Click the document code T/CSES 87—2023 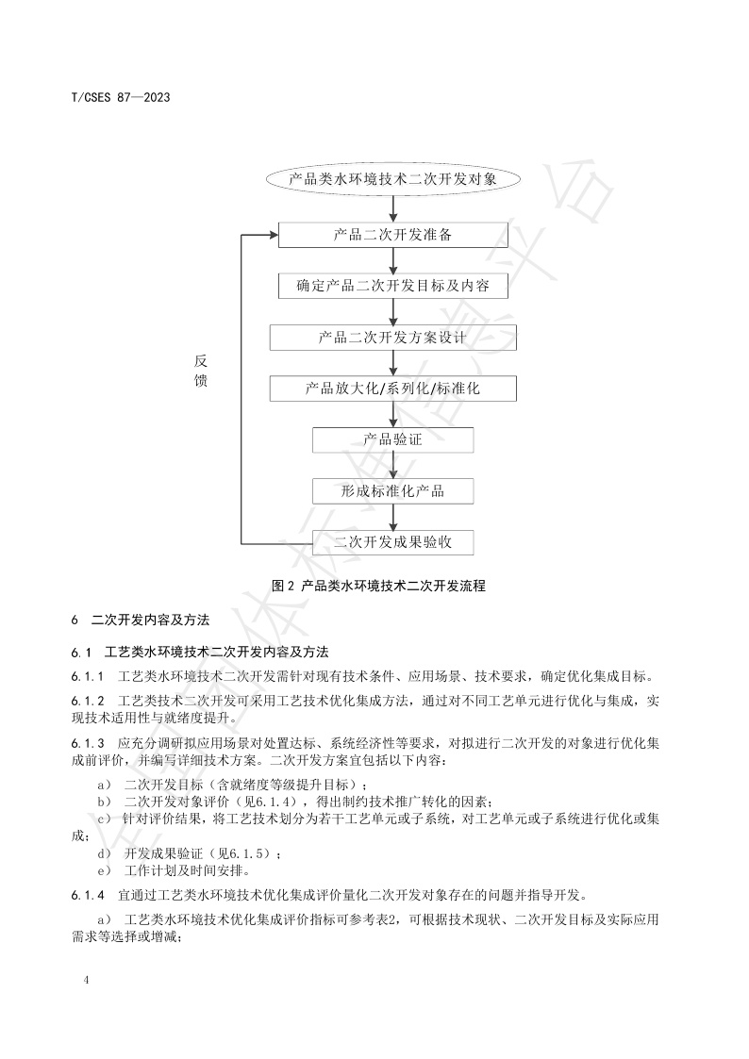coord(120,97)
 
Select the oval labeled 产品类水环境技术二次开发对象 coord(392,177)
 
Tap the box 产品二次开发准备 coord(392,235)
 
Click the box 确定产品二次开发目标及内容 coord(392,286)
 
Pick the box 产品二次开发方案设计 coord(392,338)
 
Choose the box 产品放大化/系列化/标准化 coord(392,389)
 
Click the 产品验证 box coord(392,439)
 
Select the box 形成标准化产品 coord(392,491)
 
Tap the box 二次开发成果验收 coord(392,542)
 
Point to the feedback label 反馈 coord(201,372)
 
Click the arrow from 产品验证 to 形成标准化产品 coord(392,466)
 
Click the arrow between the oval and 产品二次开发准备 coord(392,207)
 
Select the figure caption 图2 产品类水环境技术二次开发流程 coord(378,586)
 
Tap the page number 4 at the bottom coord(87,982)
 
